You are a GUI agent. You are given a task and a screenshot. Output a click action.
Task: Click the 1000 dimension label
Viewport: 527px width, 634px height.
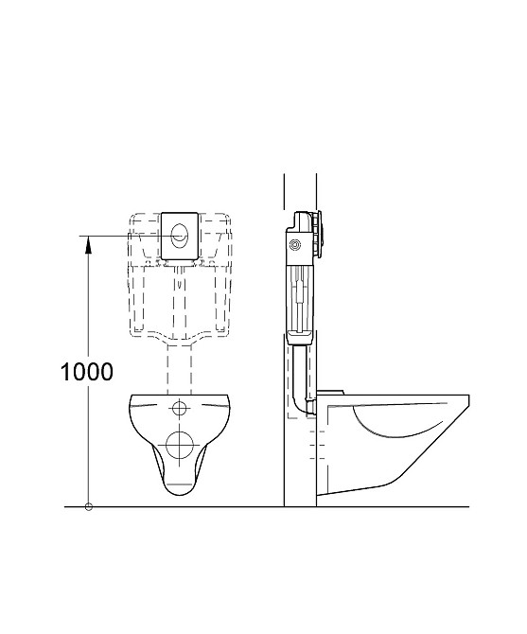pyautogui.click(x=87, y=372)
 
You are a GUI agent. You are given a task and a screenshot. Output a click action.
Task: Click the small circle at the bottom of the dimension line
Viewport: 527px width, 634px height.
pyautogui.click(x=88, y=507)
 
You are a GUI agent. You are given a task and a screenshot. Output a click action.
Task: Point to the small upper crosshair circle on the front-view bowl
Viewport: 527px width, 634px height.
pyautogui.click(x=179, y=409)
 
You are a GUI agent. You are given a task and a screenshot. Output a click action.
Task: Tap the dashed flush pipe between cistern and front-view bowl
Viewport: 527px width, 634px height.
pyautogui.click(x=179, y=364)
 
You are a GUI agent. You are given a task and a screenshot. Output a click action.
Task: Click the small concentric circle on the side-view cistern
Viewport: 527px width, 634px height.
pyautogui.click(x=296, y=245)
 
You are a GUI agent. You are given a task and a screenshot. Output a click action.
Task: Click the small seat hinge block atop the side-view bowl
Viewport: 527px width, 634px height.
pyautogui.click(x=332, y=390)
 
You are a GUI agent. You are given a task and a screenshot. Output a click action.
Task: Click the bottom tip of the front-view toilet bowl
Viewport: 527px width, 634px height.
pyautogui.click(x=179, y=494)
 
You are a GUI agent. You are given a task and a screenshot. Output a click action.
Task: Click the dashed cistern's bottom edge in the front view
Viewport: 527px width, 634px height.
pyautogui.click(x=179, y=338)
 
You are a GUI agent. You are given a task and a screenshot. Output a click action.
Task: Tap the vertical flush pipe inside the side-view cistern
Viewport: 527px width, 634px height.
pyautogui.click(x=299, y=293)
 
